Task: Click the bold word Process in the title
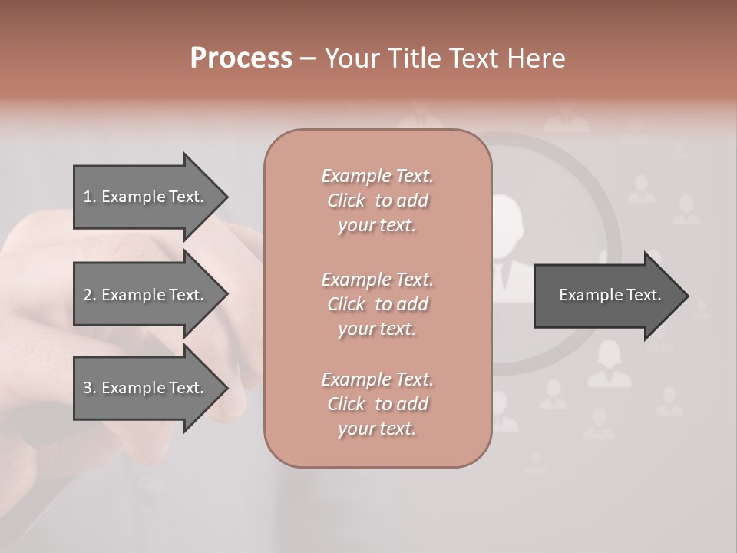click(x=241, y=58)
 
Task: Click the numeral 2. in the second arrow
click(x=89, y=295)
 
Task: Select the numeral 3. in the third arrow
click(x=89, y=388)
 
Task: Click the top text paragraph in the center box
click(x=377, y=200)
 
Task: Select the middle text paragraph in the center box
click(x=377, y=303)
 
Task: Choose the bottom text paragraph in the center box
click(x=377, y=404)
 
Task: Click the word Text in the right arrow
click(x=643, y=295)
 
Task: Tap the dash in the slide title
click(x=307, y=59)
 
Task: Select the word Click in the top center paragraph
click(x=346, y=200)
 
